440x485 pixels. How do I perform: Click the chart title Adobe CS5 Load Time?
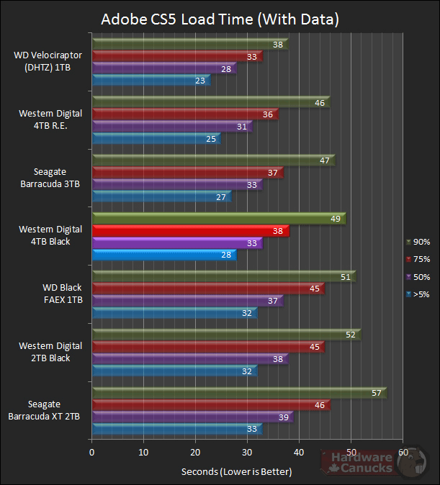click(219, 18)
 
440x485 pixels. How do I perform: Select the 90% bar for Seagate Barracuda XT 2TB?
click(238, 393)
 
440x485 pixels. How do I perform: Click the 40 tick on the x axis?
click(299, 452)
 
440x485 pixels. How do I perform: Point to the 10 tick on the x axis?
click(143, 452)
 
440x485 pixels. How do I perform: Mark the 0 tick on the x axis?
click(91, 452)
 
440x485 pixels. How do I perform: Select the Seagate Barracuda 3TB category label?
click(50, 177)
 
